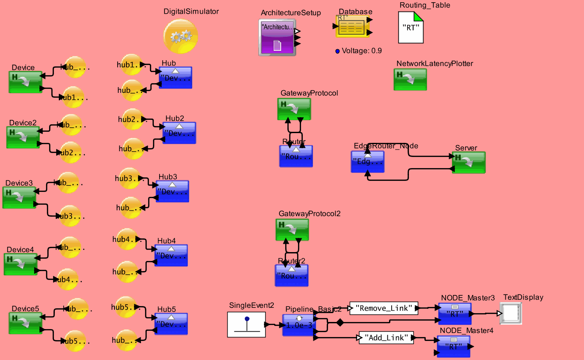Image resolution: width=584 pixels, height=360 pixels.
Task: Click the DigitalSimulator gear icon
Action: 180,36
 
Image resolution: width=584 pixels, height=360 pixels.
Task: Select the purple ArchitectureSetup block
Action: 277,38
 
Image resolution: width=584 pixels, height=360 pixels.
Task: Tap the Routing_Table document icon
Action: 411,27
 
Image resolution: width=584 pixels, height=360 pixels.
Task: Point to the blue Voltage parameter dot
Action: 338,51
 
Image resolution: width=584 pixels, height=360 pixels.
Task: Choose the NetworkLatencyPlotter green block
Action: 410,79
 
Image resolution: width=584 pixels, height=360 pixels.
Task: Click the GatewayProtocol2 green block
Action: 292,230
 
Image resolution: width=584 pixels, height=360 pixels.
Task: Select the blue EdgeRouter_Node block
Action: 367,161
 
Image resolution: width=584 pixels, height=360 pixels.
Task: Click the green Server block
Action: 469,162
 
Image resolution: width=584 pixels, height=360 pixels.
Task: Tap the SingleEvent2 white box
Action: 246,324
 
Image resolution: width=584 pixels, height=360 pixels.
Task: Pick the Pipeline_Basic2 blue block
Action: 298,325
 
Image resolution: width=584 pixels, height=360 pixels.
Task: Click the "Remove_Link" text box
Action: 384,308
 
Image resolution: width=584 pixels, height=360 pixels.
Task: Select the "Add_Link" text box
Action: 386,338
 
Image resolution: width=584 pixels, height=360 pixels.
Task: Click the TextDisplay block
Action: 511,313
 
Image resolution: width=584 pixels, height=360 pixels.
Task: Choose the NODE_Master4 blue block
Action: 453,346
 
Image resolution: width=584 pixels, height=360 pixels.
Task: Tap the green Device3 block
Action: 19,197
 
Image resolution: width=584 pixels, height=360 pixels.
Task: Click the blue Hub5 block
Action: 171,324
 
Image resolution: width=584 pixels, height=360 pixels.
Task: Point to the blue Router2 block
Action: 292,275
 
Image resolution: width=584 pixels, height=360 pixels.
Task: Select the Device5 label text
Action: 26,309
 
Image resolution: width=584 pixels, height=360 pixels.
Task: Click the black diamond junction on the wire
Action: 340,323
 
